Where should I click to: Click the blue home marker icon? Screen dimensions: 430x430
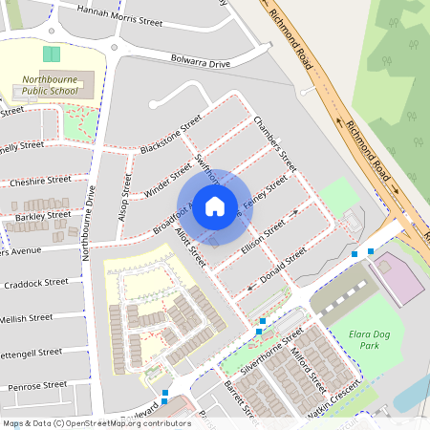point(215,205)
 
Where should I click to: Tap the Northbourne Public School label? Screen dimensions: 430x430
point(54,86)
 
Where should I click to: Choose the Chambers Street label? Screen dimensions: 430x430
point(276,143)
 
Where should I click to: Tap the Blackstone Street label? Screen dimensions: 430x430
point(170,135)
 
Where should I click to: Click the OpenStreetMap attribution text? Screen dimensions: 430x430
point(96,422)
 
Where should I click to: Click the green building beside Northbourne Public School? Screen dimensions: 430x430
point(51,55)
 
